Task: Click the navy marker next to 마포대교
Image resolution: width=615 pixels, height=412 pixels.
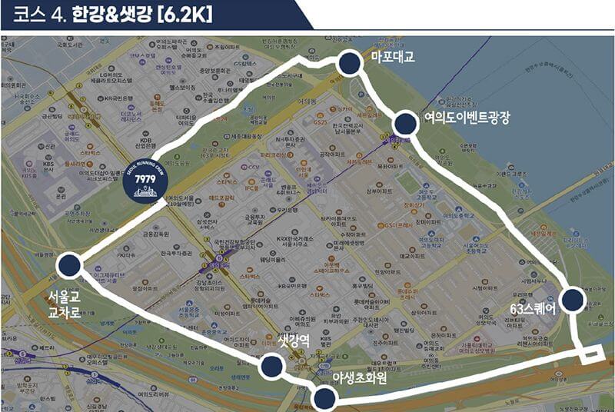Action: (x=349, y=65)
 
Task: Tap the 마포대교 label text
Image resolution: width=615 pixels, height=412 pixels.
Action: (x=393, y=58)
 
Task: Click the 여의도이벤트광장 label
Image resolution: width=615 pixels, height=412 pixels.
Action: (x=466, y=117)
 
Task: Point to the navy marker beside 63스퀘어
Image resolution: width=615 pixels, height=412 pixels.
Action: (x=572, y=300)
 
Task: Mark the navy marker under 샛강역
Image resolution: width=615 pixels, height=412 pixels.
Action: (x=269, y=367)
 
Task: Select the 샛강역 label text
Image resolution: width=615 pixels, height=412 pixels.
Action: (x=293, y=341)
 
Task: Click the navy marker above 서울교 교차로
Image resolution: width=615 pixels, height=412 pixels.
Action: (x=68, y=265)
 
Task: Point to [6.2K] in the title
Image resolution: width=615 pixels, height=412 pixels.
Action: (x=184, y=15)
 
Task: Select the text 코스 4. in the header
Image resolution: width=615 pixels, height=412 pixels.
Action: (x=38, y=15)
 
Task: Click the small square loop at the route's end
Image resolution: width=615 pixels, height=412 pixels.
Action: (x=590, y=354)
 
